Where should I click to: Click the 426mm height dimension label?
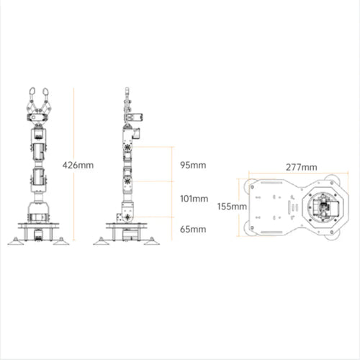click(x=78, y=165)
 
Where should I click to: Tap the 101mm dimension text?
click(x=192, y=198)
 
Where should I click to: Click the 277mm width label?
click(x=300, y=167)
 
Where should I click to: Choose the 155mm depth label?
click(x=230, y=206)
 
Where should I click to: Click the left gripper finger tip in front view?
click(x=32, y=92)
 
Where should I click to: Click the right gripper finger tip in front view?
click(x=47, y=92)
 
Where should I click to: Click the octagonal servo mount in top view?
click(x=320, y=207)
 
